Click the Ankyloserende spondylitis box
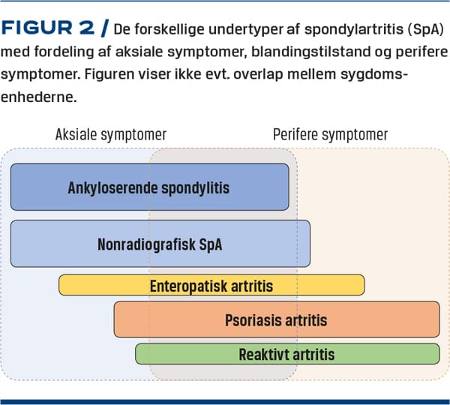point(149,187)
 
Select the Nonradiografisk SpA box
point(160,244)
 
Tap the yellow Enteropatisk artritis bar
point(211,285)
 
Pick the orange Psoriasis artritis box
point(277,319)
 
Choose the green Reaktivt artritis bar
point(287,354)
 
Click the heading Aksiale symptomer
point(111,134)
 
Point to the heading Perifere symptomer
point(330,134)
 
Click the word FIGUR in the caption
point(37,28)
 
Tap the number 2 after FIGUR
point(86,28)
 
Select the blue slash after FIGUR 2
point(105,28)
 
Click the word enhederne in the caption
point(39,97)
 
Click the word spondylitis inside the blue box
point(195,188)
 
